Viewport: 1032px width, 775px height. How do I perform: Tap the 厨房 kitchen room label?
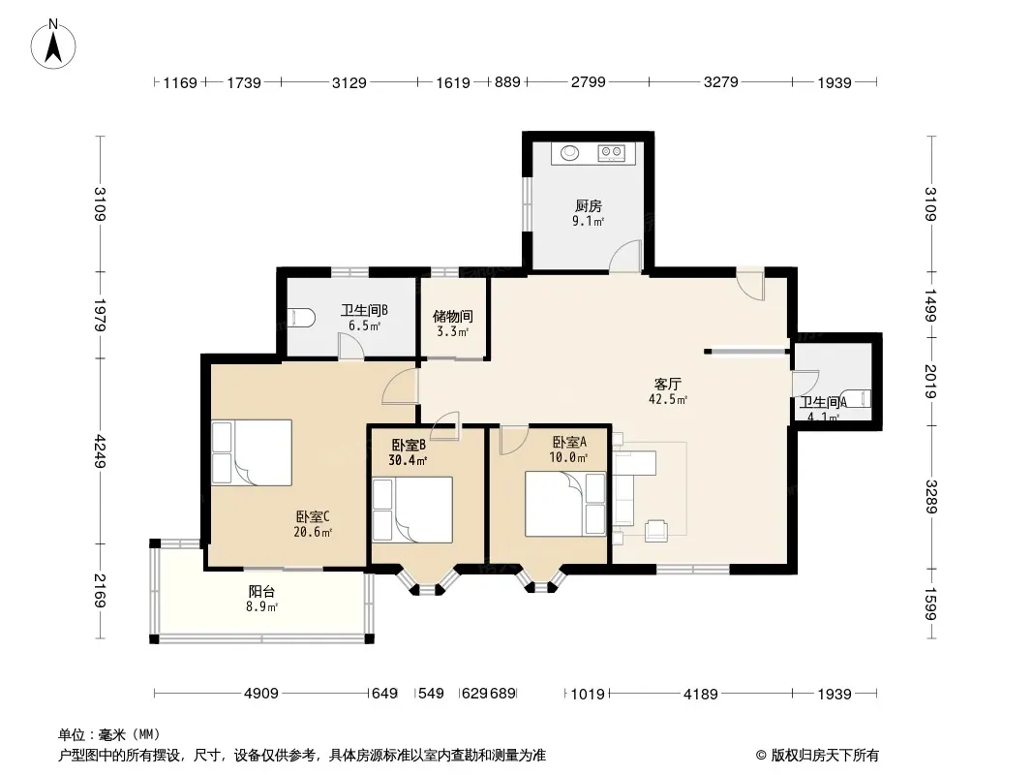588,206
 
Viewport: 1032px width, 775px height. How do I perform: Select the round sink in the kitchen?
570,153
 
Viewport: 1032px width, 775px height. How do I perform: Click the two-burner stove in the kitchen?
611,153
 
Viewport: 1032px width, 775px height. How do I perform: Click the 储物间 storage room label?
453,317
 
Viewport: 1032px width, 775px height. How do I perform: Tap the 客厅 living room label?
667,384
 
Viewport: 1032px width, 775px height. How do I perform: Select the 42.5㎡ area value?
668,399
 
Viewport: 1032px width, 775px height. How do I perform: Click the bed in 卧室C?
252,453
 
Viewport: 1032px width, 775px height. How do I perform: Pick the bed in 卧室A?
565,505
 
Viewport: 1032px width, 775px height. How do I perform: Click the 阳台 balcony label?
261,591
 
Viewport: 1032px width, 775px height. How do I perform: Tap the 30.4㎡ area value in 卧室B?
408,460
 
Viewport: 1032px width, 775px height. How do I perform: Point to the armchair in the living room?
656,530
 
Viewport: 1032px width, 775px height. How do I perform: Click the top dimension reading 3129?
349,83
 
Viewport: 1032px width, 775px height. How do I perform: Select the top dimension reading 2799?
588,82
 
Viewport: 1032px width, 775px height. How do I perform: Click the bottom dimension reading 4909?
261,694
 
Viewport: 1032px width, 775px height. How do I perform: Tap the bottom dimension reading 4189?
700,694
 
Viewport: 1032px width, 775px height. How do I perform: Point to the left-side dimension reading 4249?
100,451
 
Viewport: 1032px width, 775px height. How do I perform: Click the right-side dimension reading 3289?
930,497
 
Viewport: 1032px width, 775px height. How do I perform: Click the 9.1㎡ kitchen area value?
588,221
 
